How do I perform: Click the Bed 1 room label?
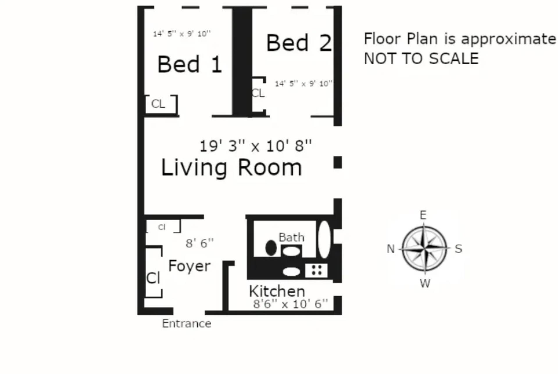[190, 64]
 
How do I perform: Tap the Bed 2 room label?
[299, 43]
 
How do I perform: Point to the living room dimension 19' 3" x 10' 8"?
[256, 146]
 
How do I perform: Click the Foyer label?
[189, 266]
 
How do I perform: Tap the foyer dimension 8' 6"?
[200, 243]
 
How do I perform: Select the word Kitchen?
[277, 291]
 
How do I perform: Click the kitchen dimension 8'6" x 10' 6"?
[290, 304]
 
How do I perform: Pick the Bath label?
[291, 237]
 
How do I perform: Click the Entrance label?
[187, 323]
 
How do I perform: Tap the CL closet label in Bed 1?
[158, 104]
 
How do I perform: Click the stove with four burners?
[316, 270]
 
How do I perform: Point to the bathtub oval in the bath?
[324, 239]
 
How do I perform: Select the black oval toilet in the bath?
[271, 248]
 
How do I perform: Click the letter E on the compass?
[423, 215]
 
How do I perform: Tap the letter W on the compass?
[425, 283]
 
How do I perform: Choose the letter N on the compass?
[391, 249]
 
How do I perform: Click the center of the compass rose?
[424, 249]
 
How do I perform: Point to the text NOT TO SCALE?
[421, 59]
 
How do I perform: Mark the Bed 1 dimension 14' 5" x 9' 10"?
[182, 34]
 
